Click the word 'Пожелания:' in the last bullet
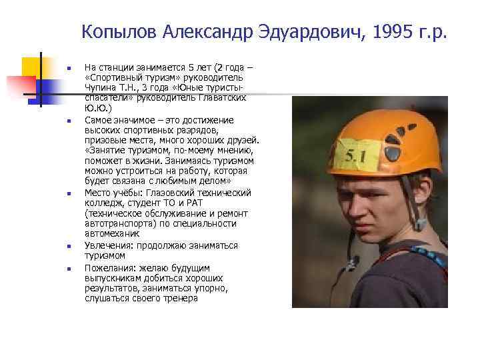point(106,267)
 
